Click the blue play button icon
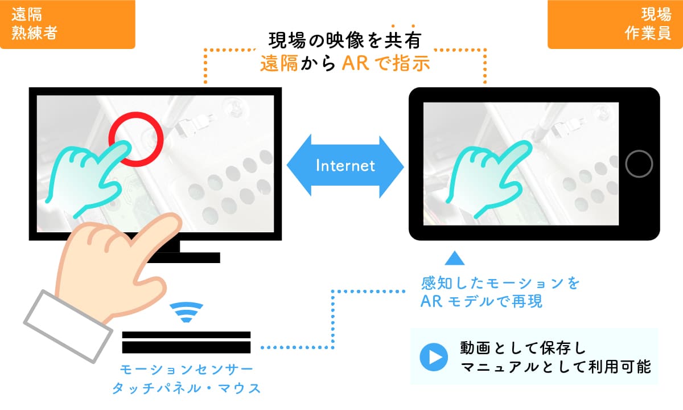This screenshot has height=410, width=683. tap(434, 357)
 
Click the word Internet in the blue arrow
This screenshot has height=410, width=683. tap(345, 166)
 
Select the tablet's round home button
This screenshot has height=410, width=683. tap(639, 164)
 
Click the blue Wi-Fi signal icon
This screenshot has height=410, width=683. tap(186, 313)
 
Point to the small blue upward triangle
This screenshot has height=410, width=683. tap(455, 258)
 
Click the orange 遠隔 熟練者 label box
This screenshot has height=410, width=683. tap(67, 24)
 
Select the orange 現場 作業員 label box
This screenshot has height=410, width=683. tap(615, 24)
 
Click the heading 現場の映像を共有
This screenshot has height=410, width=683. tap(345, 40)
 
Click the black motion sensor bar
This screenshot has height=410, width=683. tap(186, 342)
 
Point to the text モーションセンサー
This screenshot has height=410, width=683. tap(186, 370)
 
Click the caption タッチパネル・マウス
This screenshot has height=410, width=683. tap(186, 388)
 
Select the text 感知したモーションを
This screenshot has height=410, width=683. tap(500, 283)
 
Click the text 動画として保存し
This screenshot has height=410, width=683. tap(522, 348)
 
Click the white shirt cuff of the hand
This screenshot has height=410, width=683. tap(68, 326)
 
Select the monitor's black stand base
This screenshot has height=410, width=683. tap(183, 257)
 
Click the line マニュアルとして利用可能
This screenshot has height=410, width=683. tap(556, 367)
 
